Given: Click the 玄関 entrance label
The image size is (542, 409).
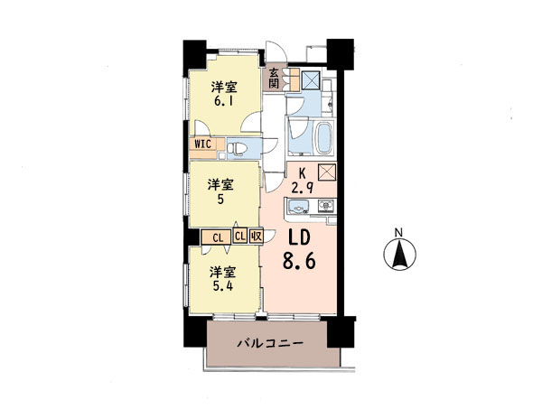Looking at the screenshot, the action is click(274, 78).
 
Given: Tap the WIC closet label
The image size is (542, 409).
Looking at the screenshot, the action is click(203, 144).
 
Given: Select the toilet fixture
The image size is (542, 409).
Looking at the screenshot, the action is click(238, 149).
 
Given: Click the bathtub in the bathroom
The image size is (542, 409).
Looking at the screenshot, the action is click(324, 138).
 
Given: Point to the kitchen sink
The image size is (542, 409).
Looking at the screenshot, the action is click(298, 207).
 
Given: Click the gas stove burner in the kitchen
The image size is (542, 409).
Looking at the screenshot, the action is click(325, 206).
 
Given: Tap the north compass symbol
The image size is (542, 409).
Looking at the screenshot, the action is click(399, 255).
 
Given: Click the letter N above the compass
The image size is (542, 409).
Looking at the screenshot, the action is click(399, 233).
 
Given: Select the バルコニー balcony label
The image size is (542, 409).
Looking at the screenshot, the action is click(270, 343).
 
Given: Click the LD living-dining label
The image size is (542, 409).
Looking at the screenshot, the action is click(299, 238).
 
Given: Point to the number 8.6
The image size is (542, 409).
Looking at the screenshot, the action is click(299, 260).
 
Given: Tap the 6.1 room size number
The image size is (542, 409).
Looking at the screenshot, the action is click(224, 102).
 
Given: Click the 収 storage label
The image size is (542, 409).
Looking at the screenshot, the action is click(257, 237).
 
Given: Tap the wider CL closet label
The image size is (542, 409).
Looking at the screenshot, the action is click(217, 237).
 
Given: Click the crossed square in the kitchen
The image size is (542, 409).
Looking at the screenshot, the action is click(327, 172).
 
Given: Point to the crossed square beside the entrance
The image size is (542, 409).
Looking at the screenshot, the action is click(310, 80).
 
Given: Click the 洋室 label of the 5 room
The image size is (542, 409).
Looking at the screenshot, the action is click(220, 185).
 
